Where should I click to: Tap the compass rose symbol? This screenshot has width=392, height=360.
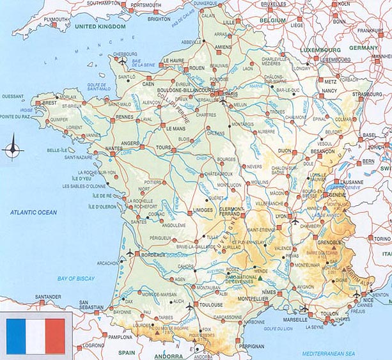[12, 149]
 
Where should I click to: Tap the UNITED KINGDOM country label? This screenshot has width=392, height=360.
[99, 27]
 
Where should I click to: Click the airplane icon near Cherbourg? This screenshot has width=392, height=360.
[122, 61]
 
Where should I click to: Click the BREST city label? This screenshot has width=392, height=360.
[49, 102]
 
